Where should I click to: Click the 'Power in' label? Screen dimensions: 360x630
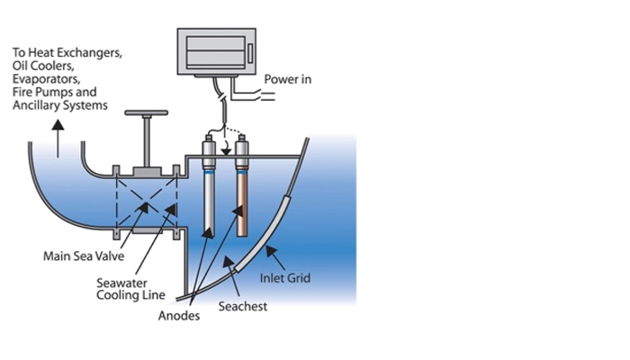click(288, 80)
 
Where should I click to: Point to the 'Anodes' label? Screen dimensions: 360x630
click(177, 317)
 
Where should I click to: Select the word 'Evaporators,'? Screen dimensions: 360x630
click(50, 79)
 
